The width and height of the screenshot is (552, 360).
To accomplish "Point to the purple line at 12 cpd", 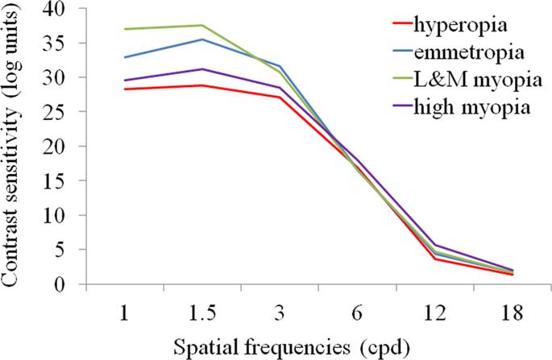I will [436, 245].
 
